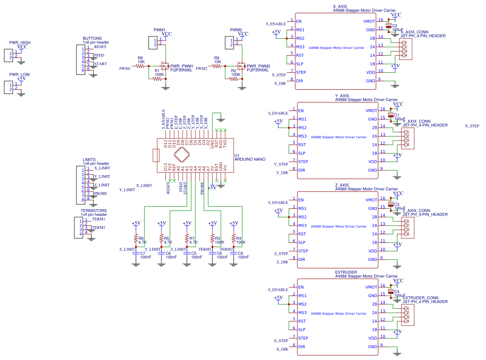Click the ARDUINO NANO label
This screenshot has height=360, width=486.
250,159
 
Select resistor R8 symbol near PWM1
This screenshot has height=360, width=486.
141,66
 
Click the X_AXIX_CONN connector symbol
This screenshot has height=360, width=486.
406,49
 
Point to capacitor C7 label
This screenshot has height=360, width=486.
142,253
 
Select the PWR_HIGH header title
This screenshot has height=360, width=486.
20,43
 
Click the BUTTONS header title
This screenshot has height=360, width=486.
92,39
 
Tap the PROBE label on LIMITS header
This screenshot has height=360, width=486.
100,193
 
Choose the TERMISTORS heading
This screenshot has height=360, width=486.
93,211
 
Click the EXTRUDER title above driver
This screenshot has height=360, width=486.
346,272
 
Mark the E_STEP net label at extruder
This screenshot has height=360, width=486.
281,340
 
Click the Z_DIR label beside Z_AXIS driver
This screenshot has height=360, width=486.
282,262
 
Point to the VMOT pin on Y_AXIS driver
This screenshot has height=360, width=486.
370,111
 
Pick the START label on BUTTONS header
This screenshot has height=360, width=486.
101,64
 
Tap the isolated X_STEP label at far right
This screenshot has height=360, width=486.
472,126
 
